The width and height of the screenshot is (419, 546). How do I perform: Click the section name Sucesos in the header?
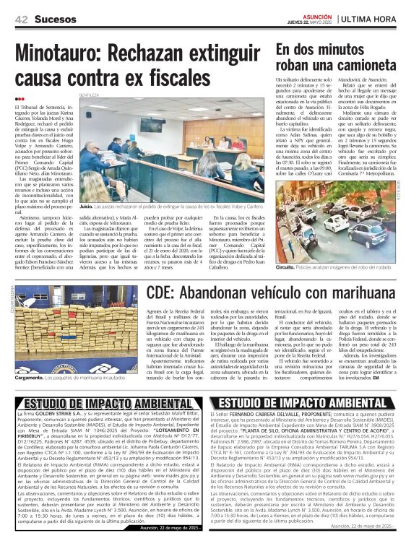click(53, 18)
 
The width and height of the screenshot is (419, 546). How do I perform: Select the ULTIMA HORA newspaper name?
click(376, 17)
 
